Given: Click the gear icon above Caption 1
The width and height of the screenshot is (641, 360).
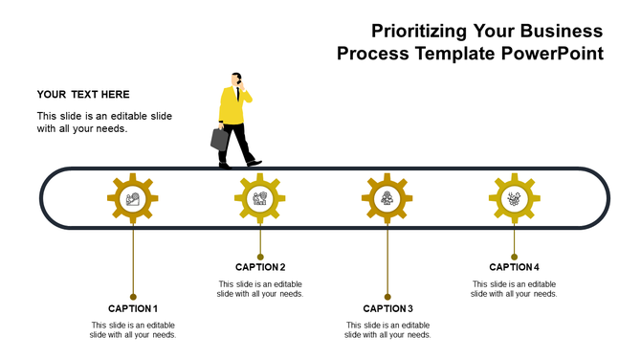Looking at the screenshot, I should pyautogui.click(x=133, y=198).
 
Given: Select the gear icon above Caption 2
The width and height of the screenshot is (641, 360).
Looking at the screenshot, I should pyautogui.click(x=260, y=198).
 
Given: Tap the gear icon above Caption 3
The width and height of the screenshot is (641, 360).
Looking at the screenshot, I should pyautogui.click(x=387, y=198).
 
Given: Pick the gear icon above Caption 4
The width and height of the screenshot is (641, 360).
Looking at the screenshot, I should pyautogui.click(x=515, y=198).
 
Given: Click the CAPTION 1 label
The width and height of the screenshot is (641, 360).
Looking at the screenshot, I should pyautogui.click(x=133, y=308).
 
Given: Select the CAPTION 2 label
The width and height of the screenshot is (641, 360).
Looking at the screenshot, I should pyautogui.click(x=260, y=267).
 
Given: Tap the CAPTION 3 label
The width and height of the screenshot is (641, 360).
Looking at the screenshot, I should pyautogui.click(x=387, y=308).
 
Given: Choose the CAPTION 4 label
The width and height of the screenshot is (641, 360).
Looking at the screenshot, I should pyautogui.click(x=515, y=267).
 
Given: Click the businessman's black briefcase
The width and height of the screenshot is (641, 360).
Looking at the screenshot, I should pyautogui.click(x=220, y=139).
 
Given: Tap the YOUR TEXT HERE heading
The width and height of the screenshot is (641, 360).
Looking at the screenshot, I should pyautogui.click(x=83, y=94).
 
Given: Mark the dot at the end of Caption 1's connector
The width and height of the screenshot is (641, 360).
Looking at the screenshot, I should pyautogui.click(x=133, y=296).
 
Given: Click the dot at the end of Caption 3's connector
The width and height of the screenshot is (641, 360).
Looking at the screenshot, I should pyautogui.click(x=387, y=296).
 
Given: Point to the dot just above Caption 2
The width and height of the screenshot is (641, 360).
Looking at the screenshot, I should pyautogui.click(x=260, y=256).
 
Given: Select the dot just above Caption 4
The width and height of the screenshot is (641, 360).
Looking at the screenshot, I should pyautogui.click(x=515, y=256).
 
